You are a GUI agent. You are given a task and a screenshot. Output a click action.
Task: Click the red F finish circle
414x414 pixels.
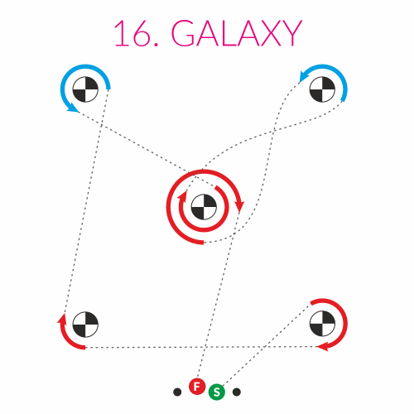197,387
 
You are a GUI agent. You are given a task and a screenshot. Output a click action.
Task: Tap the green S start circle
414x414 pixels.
217,392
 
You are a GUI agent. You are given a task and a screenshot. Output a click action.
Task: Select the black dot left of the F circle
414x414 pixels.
177,392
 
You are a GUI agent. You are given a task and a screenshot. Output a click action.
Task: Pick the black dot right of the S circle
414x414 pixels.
237,392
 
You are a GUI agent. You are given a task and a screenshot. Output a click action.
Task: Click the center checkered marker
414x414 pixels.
204,207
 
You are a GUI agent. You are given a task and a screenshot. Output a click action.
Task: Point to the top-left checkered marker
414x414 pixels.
85,89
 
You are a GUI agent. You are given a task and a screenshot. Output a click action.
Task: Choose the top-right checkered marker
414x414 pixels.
322,89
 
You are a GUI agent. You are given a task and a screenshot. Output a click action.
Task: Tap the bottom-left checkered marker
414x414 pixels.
85,325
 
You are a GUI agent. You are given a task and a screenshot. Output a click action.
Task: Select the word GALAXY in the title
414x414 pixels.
237,33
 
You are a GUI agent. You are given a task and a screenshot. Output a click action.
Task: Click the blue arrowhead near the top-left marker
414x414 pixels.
73,108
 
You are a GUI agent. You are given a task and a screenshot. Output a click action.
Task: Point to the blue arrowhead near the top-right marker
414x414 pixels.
305,76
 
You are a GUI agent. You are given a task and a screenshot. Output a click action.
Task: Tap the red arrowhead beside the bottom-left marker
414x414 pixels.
62,319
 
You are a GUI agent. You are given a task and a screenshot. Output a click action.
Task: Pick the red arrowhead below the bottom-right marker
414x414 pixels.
323,347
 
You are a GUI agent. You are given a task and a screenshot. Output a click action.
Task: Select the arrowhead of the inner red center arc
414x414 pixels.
182,197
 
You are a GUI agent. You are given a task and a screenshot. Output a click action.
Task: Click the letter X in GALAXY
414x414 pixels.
269,33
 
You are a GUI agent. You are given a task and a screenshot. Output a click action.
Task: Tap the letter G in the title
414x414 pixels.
184,33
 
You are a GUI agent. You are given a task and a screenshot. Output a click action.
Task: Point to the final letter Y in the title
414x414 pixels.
292,33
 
